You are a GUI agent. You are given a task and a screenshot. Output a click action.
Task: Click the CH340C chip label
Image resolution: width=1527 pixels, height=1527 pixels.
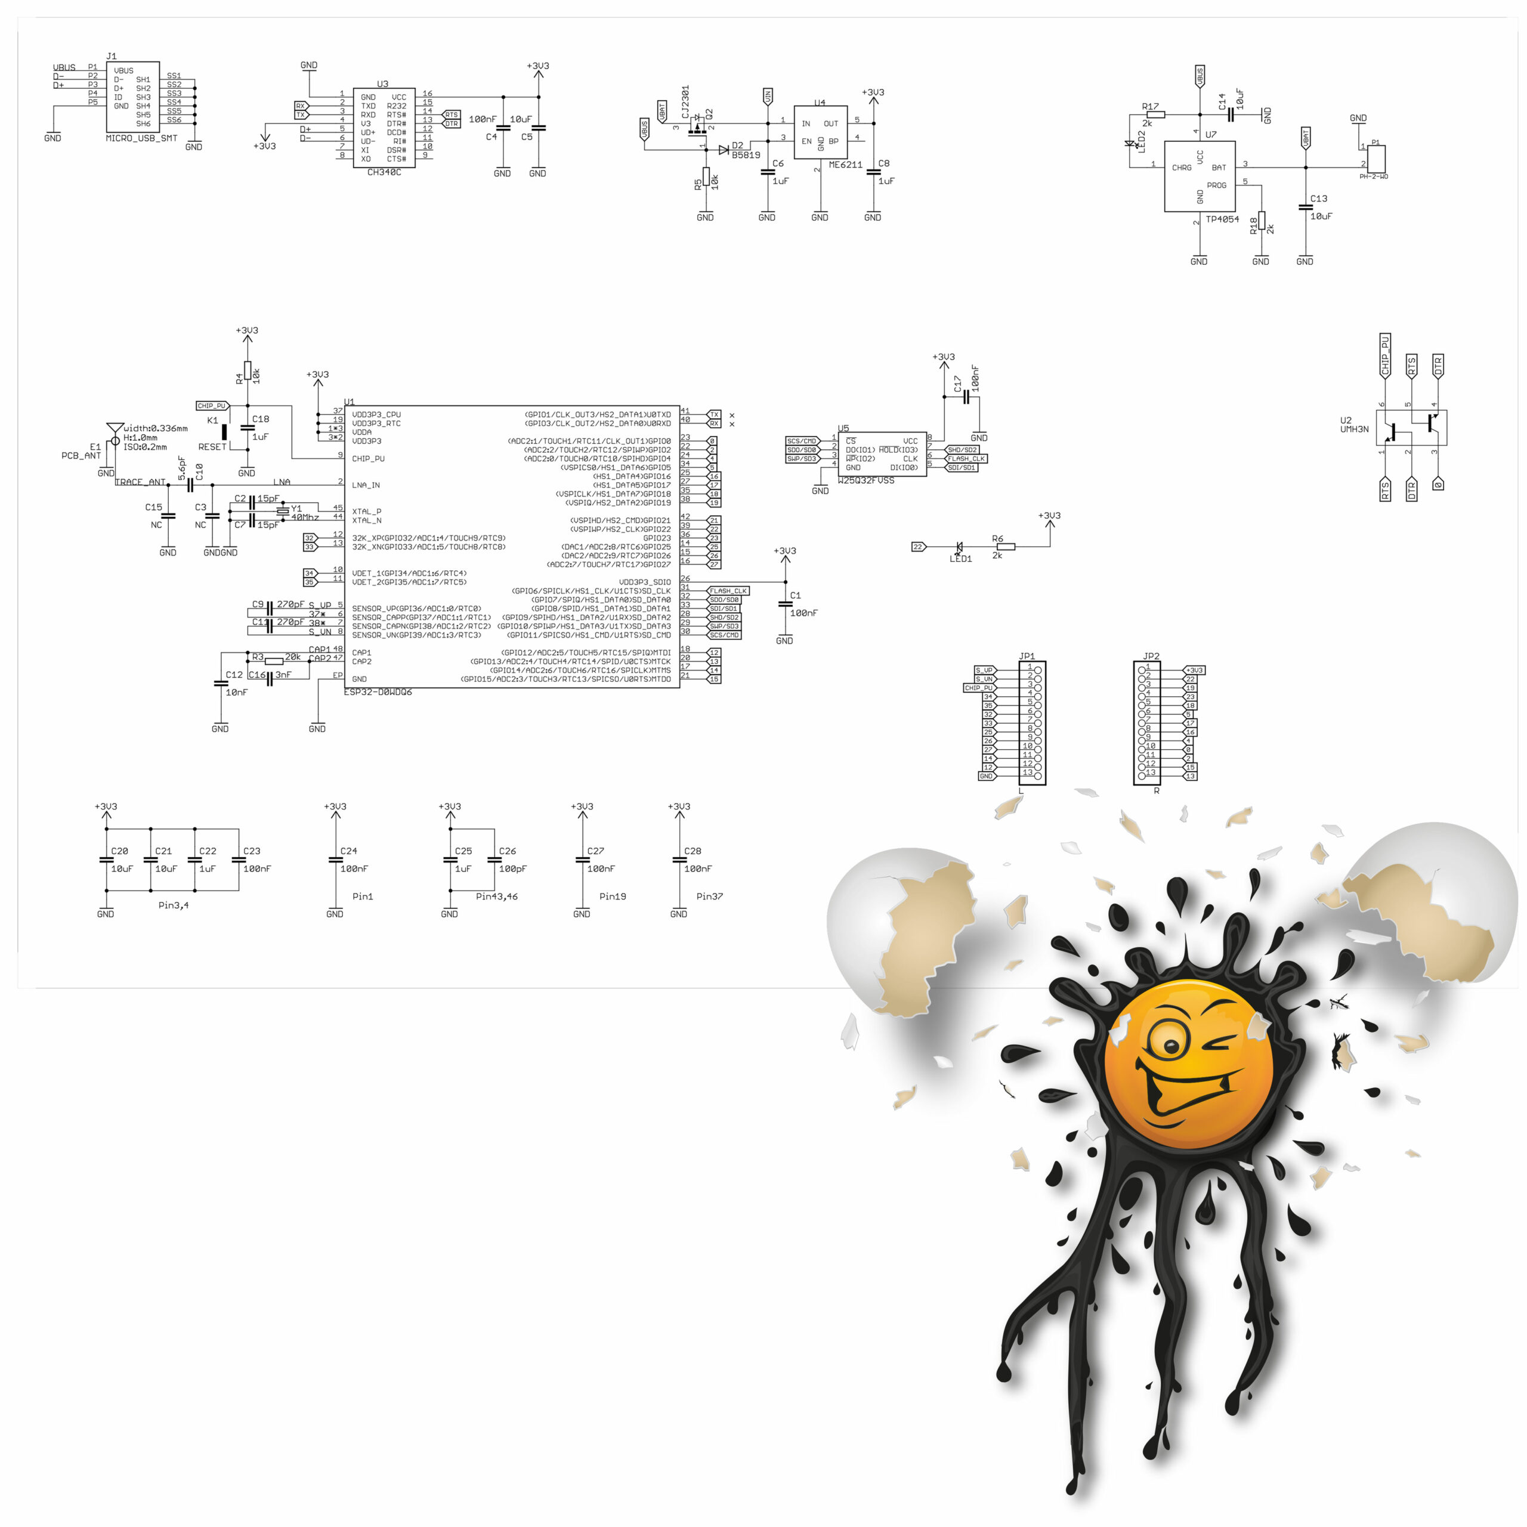pos(384,172)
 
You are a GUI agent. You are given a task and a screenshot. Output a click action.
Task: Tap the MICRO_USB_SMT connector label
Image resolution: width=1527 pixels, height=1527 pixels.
pos(141,138)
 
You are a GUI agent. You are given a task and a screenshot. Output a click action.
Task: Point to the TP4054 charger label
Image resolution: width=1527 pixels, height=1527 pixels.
pos(1222,219)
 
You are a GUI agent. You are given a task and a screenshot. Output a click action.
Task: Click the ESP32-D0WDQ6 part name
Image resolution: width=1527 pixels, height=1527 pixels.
pos(379,693)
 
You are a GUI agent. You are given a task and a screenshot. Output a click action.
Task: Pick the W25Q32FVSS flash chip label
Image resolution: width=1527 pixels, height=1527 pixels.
pos(866,481)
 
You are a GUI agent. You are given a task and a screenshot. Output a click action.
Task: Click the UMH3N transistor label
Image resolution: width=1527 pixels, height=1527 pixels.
pos(1354,429)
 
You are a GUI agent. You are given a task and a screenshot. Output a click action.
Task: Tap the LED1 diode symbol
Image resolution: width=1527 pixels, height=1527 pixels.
pos(960,546)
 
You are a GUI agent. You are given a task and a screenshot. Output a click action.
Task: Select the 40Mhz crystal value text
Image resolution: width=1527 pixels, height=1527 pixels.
pos(305,518)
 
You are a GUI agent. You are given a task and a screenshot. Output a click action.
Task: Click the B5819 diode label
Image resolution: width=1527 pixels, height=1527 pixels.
pos(746,155)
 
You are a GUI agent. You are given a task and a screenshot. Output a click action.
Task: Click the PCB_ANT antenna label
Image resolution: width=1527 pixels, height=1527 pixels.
pos(81,456)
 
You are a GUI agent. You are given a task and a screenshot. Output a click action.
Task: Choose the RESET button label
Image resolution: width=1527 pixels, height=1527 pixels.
pos(212,447)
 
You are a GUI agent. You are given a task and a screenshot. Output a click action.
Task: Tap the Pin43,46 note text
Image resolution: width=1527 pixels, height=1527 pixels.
pos(496,897)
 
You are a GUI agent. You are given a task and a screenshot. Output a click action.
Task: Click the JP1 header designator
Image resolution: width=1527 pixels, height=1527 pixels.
pos(1027,656)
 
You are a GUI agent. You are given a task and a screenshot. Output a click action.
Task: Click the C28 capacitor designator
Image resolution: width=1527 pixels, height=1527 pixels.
pos(693,851)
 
